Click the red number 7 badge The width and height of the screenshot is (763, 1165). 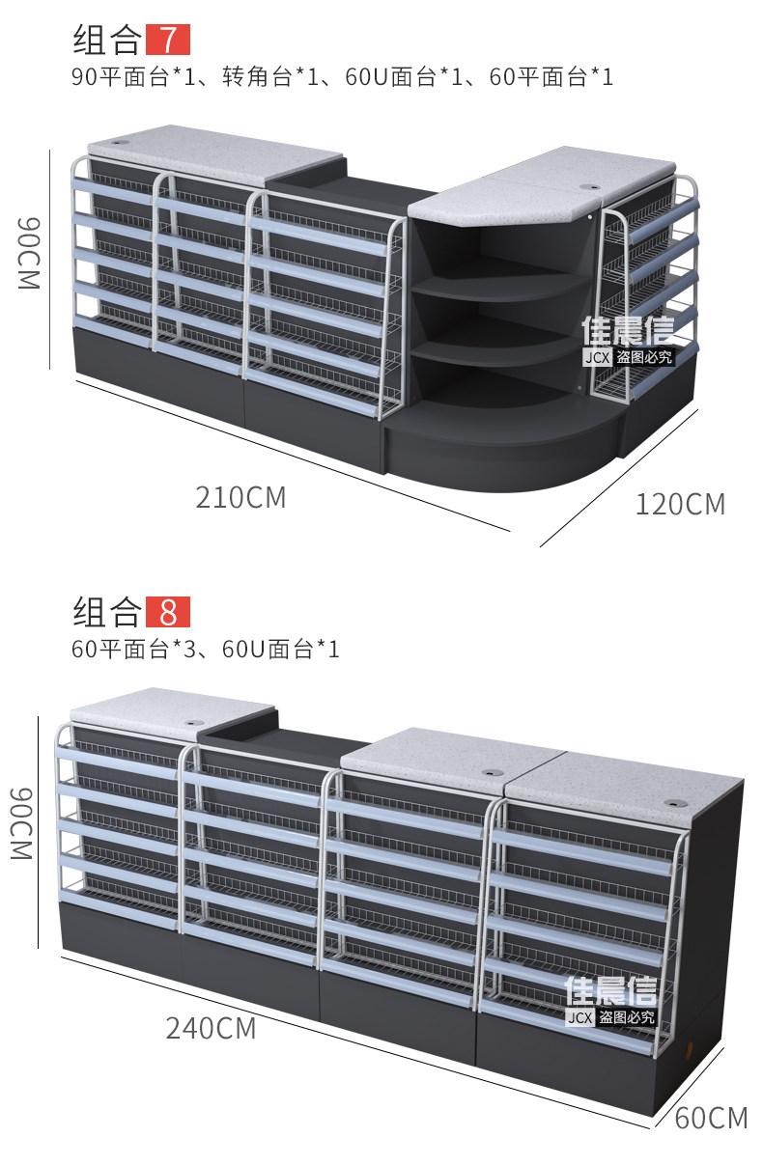(x=168, y=40)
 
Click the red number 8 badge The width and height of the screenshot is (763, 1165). (x=168, y=612)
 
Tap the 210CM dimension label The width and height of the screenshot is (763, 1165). (x=241, y=498)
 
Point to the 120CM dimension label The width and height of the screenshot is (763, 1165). (x=680, y=505)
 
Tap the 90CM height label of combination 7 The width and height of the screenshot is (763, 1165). (x=29, y=253)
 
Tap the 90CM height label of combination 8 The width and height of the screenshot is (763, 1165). (x=22, y=824)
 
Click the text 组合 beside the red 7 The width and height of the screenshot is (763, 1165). (x=107, y=40)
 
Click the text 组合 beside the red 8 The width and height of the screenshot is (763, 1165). (x=107, y=612)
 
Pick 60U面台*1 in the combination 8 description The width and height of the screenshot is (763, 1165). (x=280, y=649)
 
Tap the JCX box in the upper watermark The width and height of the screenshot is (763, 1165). (x=597, y=357)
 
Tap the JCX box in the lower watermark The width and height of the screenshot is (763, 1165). (x=579, y=1017)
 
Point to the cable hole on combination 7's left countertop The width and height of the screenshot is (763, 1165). (x=123, y=142)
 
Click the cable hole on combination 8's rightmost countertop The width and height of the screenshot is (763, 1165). (x=674, y=803)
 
